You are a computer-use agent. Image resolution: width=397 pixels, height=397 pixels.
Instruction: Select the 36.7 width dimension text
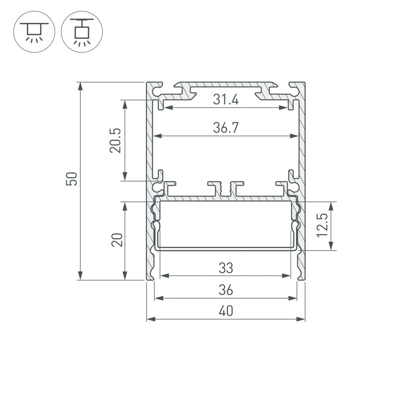tap(225, 128)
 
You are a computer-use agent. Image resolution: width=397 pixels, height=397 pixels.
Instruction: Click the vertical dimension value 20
tap(117, 240)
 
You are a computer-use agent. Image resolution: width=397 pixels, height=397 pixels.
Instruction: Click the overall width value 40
tap(225, 312)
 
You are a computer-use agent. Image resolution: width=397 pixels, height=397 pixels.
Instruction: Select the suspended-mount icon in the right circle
tap(82, 31)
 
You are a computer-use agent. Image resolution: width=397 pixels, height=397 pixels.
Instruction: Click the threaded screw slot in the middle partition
tap(226, 190)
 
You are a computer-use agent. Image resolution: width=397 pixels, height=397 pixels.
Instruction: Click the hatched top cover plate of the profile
tap(225, 85)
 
